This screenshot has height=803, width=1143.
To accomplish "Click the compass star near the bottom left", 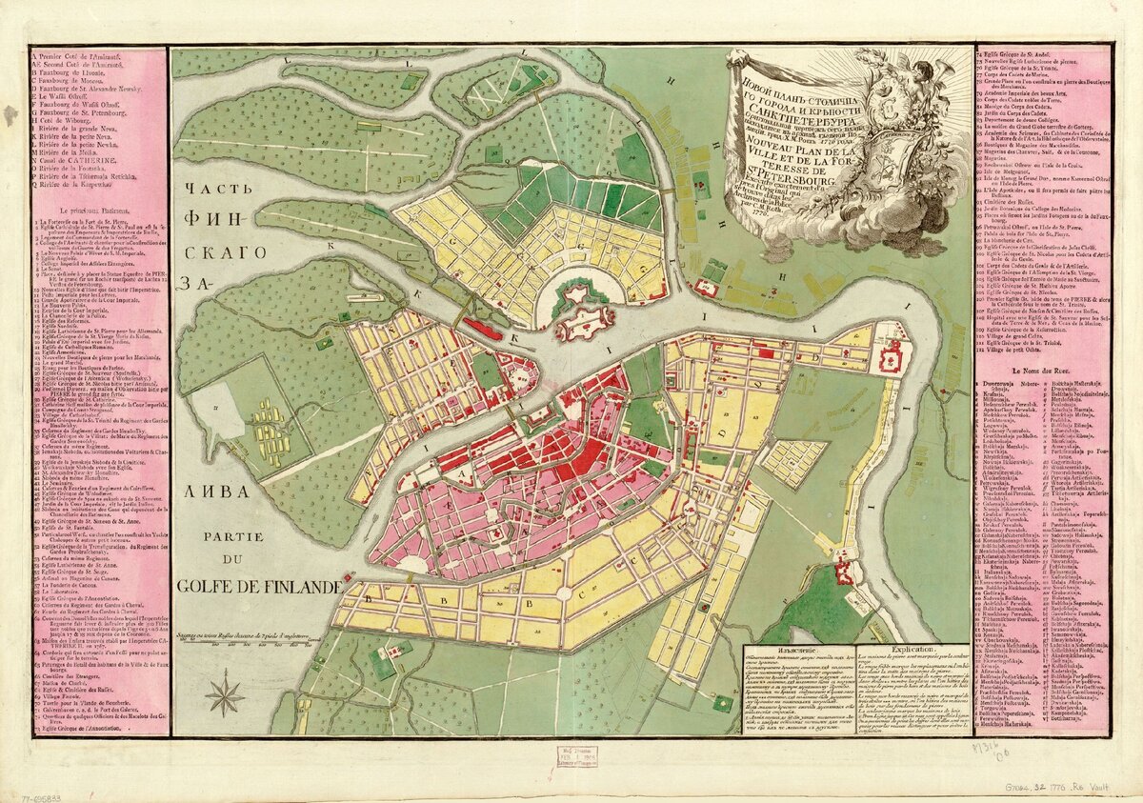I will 226,693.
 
